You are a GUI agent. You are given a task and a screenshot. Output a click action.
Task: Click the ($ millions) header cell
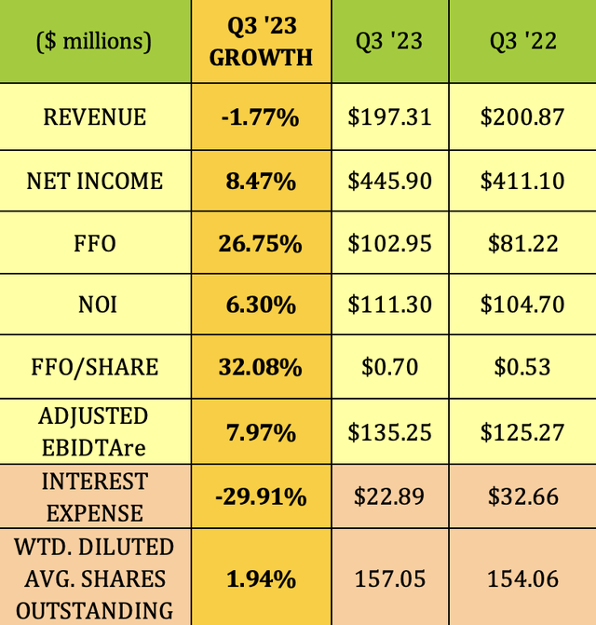pyautogui.click(x=95, y=41)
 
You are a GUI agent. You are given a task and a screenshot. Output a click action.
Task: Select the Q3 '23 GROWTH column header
pyautogui.click(x=261, y=41)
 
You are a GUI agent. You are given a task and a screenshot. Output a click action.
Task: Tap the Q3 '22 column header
pyautogui.click(x=522, y=41)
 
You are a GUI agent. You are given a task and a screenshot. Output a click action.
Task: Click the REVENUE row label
pyautogui.click(x=95, y=117)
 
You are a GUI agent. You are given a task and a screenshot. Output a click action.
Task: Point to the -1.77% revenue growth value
pyautogui.click(x=261, y=117)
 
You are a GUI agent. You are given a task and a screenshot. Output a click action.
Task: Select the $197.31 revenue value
pyautogui.click(x=390, y=117)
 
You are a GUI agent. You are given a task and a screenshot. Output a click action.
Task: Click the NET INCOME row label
pyautogui.click(x=95, y=180)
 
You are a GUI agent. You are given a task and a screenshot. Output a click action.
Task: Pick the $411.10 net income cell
pyautogui.click(x=522, y=180)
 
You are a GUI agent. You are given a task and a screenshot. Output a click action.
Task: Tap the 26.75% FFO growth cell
pyautogui.click(x=261, y=243)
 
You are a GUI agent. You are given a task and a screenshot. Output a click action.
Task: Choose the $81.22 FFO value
pyautogui.click(x=522, y=243)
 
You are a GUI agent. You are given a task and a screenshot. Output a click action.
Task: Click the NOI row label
pyautogui.click(x=95, y=306)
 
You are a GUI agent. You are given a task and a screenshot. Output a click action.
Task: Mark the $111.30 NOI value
pyautogui.click(x=390, y=306)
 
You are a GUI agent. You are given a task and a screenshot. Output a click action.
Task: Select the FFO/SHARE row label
pyautogui.click(x=95, y=368)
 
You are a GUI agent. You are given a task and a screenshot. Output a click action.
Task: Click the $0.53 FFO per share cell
pyautogui.click(x=522, y=368)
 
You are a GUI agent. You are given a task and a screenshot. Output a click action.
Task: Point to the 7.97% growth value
pyautogui.click(x=261, y=432)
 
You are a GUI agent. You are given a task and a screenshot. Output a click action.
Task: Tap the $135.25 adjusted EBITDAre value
pyautogui.click(x=390, y=432)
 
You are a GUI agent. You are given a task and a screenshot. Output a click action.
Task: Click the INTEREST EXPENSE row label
pyautogui.click(x=95, y=496)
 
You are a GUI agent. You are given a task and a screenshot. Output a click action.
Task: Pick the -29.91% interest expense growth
pyautogui.click(x=261, y=496)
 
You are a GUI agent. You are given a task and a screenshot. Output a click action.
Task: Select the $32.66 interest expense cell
pyautogui.click(x=522, y=496)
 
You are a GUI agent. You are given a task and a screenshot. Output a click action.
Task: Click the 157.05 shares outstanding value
pyautogui.click(x=390, y=578)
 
